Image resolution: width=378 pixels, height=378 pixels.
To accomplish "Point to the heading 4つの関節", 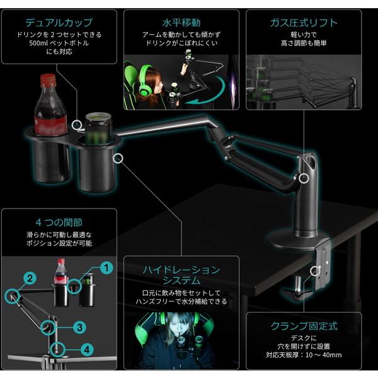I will (59, 222).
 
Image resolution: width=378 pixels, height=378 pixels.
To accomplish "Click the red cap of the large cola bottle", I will (49, 81).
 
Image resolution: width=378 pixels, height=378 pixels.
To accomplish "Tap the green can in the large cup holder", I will (97, 129).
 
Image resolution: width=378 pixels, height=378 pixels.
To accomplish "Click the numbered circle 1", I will (106, 268).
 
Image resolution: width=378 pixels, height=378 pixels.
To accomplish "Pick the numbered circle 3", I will (79, 327).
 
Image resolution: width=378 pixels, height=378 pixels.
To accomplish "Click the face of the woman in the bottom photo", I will (179, 332).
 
